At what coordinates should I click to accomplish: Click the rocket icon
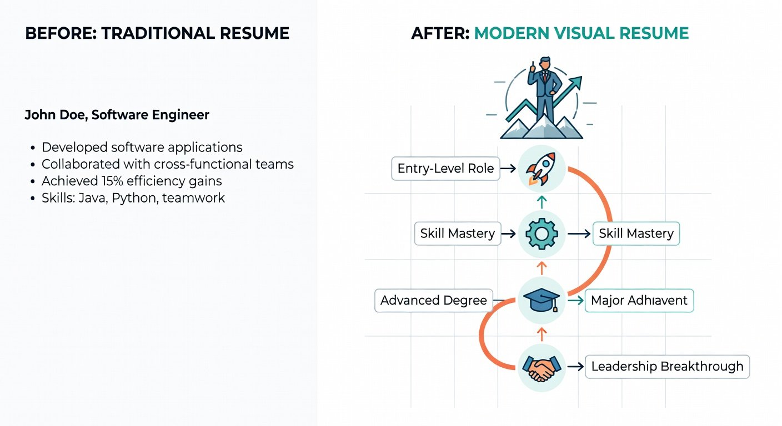click(542, 169)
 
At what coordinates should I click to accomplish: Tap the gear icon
click(542, 234)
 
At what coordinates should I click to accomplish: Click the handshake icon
click(542, 367)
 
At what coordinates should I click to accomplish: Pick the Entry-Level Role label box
click(445, 169)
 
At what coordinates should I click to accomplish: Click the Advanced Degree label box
click(433, 301)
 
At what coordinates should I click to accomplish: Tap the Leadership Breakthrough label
click(667, 367)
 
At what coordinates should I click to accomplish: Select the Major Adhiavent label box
click(639, 301)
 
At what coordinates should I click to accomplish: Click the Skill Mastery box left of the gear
click(457, 234)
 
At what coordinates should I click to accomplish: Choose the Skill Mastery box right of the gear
click(636, 234)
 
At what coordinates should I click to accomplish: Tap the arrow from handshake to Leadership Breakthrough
click(577, 367)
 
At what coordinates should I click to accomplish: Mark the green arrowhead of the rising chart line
click(577, 83)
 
